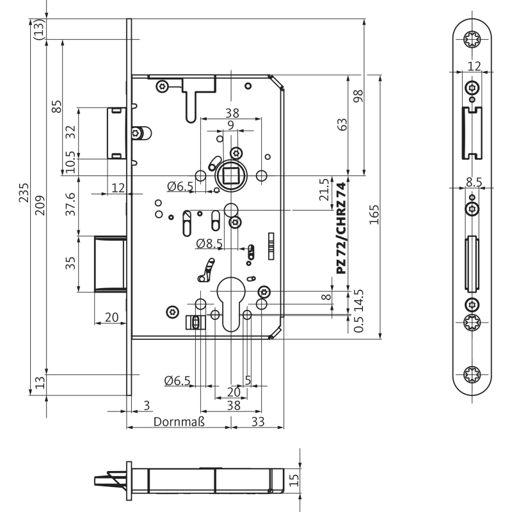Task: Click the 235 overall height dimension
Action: [24, 193]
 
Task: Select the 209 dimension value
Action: [40, 205]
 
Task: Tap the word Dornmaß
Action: [179, 422]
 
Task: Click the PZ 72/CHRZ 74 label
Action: [341, 228]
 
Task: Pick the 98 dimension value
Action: [358, 97]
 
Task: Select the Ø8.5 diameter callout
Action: [209, 243]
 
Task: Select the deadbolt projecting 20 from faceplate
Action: [110, 263]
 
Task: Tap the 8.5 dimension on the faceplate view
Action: [474, 182]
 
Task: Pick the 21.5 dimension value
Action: [325, 190]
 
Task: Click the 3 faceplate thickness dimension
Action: [147, 404]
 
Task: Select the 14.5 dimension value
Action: [358, 299]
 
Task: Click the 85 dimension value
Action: [56, 106]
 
